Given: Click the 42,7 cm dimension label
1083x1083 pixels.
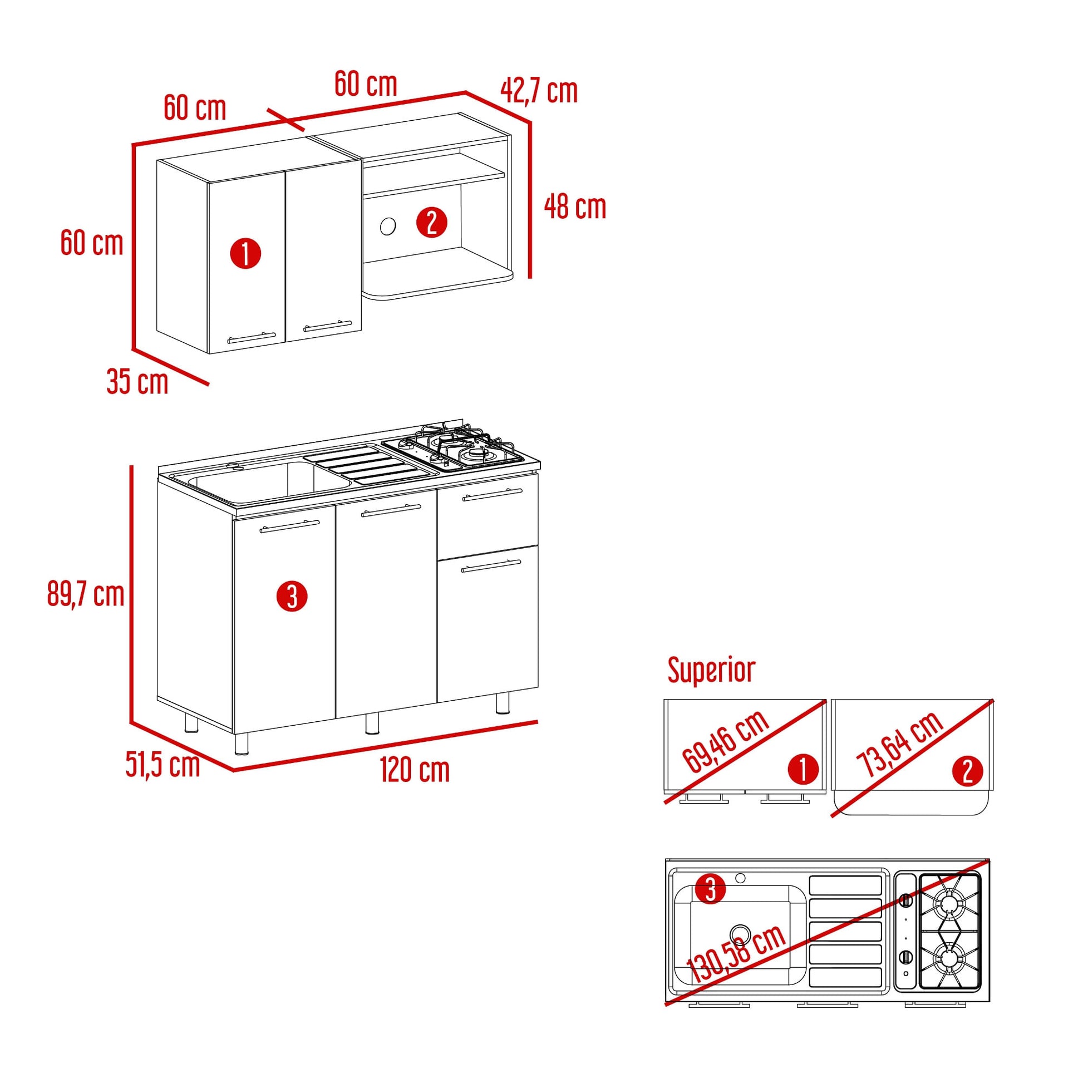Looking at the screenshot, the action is click(x=539, y=91).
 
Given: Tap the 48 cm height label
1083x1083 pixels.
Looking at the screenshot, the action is click(x=575, y=207).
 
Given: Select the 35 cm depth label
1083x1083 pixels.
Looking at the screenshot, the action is click(x=137, y=382).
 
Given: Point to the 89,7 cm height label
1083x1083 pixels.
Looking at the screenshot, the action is click(x=86, y=594).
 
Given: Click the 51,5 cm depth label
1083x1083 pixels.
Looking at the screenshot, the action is click(x=163, y=765).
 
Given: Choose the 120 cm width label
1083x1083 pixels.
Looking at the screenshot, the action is click(x=415, y=770).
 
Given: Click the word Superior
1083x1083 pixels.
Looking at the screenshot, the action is click(x=711, y=671).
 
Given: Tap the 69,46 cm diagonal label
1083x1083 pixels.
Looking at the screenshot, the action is click(x=726, y=741).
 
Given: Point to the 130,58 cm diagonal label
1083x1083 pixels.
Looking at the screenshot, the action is click(x=736, y=953).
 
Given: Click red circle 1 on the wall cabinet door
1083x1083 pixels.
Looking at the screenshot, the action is click(x=245, y=253).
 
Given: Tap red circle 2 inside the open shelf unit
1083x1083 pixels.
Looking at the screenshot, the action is click(x=432, y=223).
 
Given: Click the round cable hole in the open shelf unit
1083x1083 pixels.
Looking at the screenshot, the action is click(x=388, y=227).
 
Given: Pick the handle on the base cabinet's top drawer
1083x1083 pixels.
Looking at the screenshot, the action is click(x=492, y=494).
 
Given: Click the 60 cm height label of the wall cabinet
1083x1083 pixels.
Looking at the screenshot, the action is click(x=92, y=243).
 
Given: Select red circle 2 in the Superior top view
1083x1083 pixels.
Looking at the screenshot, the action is click(x=968, y=771).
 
